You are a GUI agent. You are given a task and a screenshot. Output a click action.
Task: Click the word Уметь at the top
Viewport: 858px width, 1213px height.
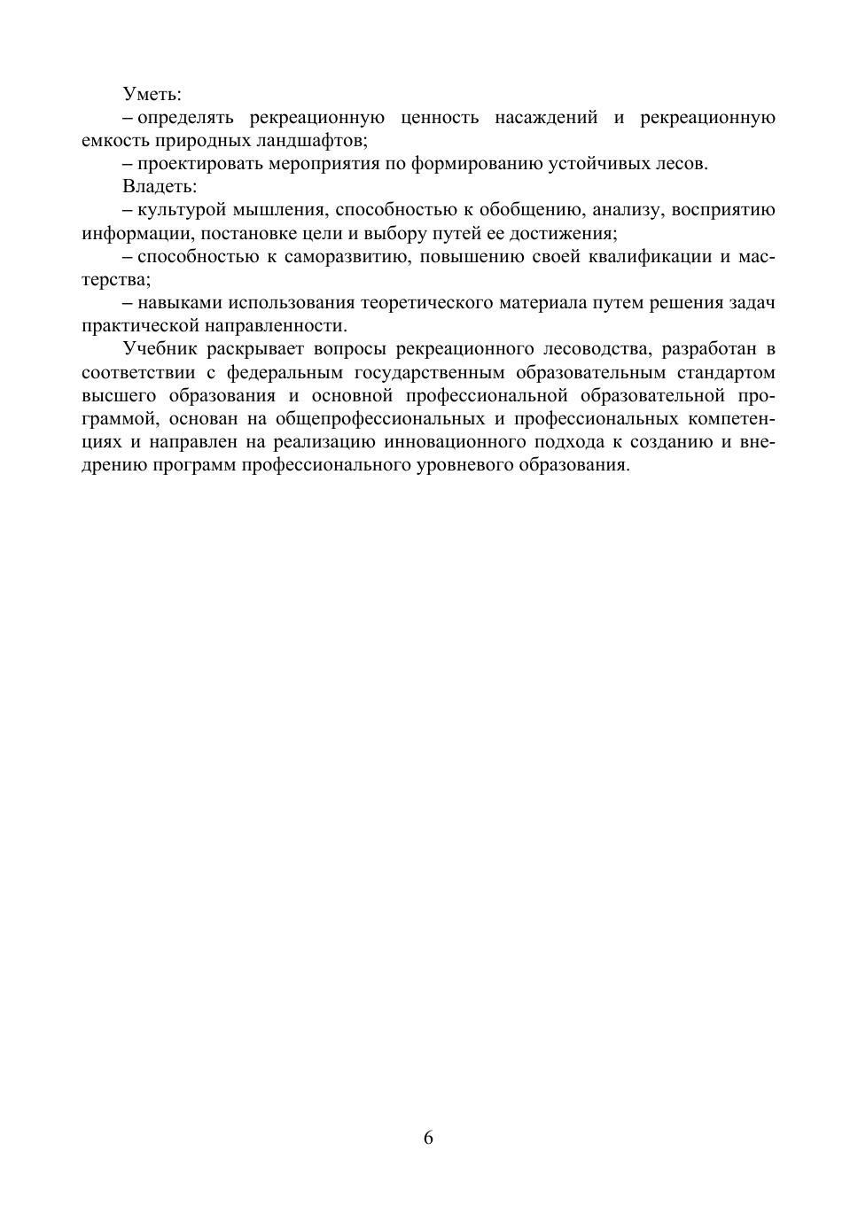(x=152, y=94)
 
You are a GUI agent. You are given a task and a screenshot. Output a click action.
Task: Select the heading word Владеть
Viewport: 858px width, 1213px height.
(x=160, y=187)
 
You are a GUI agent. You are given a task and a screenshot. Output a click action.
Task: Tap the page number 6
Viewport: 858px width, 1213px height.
(x=429, y=1138)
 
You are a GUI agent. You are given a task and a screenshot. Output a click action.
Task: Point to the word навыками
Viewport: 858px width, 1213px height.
(x=175, y=303)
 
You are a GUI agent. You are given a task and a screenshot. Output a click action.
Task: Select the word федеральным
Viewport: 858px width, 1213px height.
(x=285, y=372)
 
